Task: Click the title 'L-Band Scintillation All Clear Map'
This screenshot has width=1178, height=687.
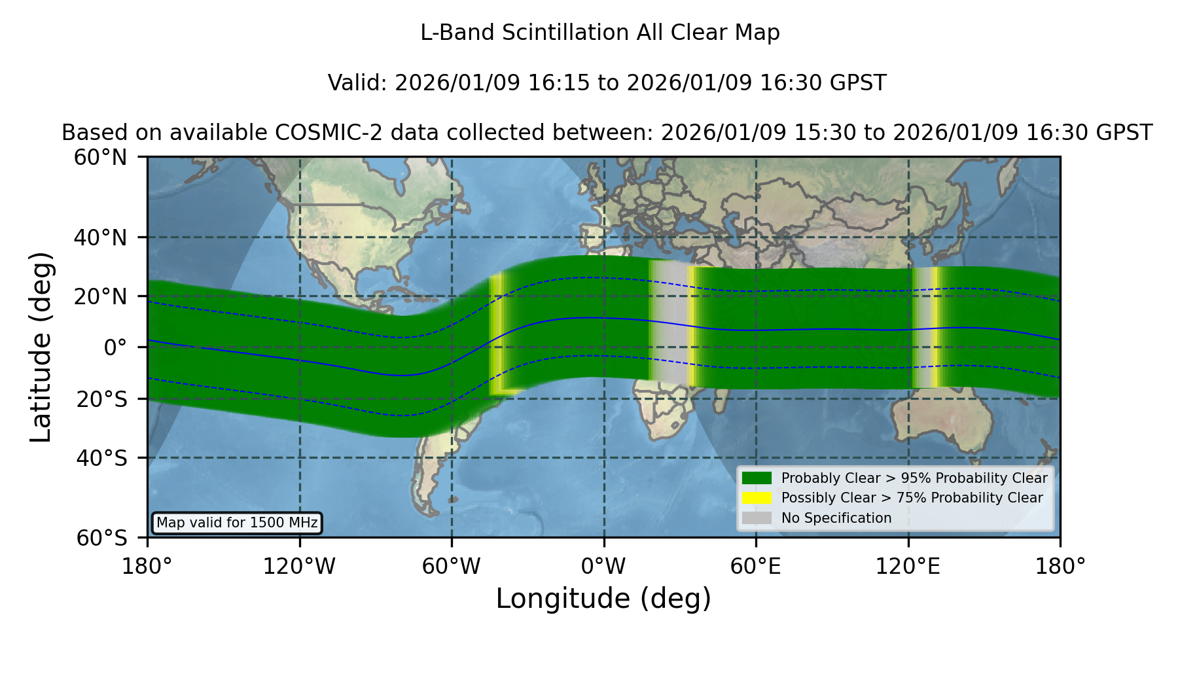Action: pos(599,33)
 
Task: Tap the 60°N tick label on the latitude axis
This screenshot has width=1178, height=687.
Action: pos(101,157)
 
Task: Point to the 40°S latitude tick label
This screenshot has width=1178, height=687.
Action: pos(102,458)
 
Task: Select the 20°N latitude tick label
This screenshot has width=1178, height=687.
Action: pos(101,296)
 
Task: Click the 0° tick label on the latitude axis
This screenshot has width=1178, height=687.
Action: pos(116,347)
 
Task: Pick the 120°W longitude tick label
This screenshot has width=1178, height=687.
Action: pos(299,566)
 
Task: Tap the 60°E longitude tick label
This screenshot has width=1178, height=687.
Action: pos(756,566)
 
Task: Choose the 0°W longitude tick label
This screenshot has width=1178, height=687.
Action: pos(603,566)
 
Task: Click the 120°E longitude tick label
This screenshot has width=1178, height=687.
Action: pos(908,566)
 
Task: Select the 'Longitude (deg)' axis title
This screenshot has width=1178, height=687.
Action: pos(603,599)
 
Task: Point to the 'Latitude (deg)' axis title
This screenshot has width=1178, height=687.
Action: pos(41,347)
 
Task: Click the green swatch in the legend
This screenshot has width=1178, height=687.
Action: pos(757,478)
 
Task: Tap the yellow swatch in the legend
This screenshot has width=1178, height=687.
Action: pos(757,498)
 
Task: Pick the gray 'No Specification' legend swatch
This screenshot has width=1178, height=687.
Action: pos(757,518)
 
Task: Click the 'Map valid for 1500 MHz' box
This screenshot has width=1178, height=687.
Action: pos(237,523)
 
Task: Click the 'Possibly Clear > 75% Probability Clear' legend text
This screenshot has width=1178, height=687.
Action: pos(912,498)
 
